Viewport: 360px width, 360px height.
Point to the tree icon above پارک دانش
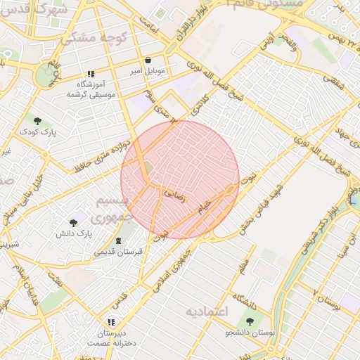[x=74, y=223]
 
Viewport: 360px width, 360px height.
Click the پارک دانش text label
[x=74, y=233]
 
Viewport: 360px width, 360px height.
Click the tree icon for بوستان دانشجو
[x=250, y=321]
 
